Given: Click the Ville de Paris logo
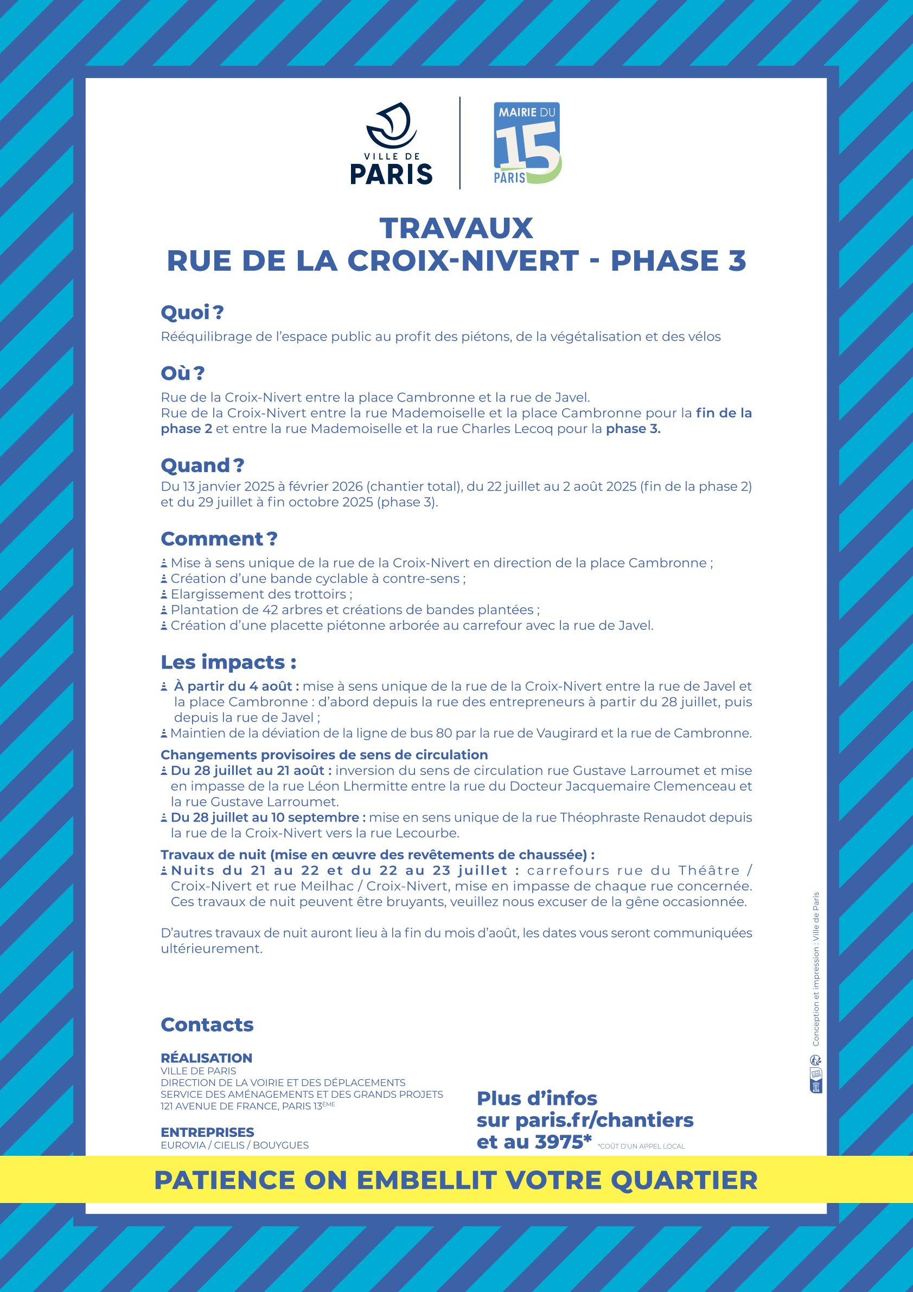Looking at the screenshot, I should (391, 144).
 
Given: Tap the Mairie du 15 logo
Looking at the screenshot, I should (527, 143).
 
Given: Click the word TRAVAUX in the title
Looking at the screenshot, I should (456, 228).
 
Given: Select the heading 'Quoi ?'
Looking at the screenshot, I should (193, 313).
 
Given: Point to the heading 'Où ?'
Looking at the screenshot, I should (183, 373).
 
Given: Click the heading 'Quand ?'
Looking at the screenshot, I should (202, 466).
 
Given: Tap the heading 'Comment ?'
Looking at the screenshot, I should (219, 538).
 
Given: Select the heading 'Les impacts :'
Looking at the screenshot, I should (228, 662).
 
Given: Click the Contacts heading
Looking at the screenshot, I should (207, 1024).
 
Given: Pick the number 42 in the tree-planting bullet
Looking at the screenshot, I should (271, 610).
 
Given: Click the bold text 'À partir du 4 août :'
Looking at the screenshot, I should (237, 686).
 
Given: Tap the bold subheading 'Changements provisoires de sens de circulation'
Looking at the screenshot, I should (324, 755).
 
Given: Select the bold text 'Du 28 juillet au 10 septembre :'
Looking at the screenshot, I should (269, 817).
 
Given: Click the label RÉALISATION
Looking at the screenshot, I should (207, 1058).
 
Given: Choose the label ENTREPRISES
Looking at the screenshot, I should (207, 1132).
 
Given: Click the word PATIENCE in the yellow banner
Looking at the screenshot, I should (225, 1181).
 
